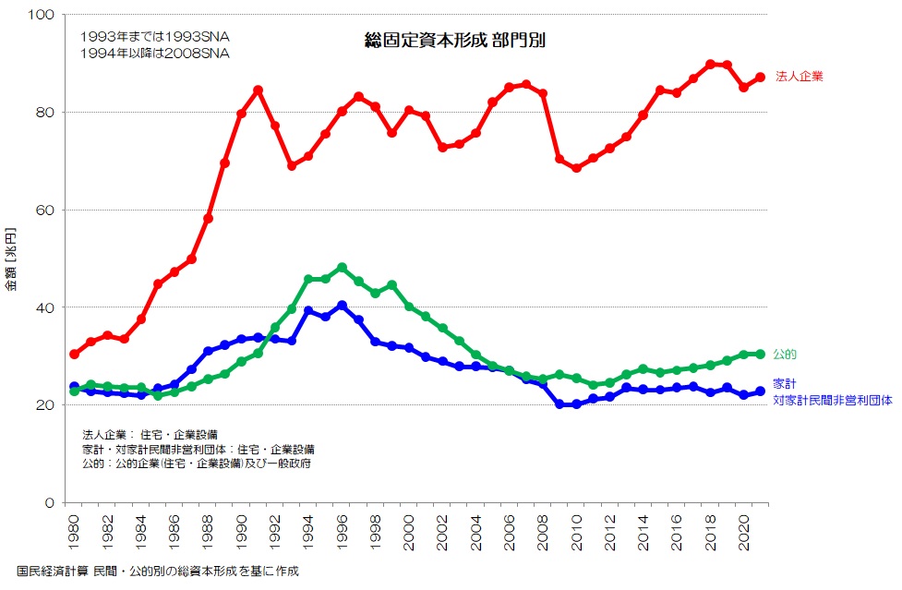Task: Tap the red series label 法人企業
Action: (800, 77)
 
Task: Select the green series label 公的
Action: (785, 355)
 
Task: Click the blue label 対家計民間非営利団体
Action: (832, 401)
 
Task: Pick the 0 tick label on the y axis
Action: (51, 502)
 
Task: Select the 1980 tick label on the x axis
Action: (74, 532)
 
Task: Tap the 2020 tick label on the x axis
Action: (744, 532)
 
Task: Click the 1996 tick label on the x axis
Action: (342, 532)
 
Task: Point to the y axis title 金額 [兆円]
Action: (11, 259)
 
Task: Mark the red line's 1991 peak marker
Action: (259, 90)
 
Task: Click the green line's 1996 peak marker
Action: (342, 267)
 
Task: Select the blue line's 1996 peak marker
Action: (342, 306)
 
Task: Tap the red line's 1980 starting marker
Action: (74, 354)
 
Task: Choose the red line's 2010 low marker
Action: (576, 168)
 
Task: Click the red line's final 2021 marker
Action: (761, 77)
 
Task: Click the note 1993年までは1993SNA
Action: (155, 36)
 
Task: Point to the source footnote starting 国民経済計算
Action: (158, 572)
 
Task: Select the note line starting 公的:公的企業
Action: (196, 463)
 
